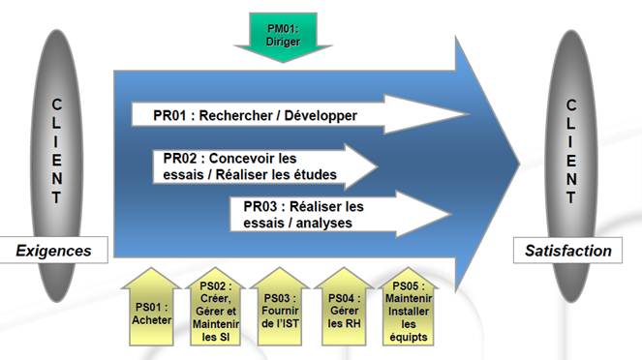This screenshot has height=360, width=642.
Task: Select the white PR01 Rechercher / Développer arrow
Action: [290, 115]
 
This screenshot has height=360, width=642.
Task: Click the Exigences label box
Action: [53, 251]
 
